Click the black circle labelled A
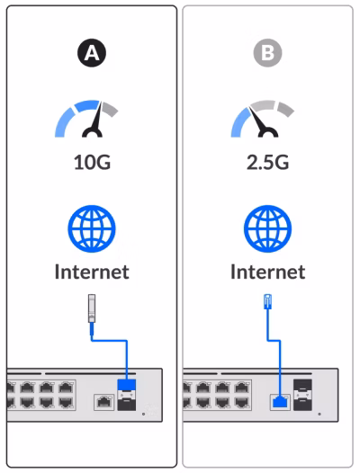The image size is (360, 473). click(92, 53)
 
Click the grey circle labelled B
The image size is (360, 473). click(267, 53)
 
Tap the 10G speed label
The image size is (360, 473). click(92, 162)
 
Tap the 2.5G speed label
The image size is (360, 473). click(267, 162)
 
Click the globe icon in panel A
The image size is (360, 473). click(92, 228)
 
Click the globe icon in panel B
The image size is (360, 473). click(267, 228)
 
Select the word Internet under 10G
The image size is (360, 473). click(92, 272)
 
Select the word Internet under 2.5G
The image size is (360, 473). click(267, 272)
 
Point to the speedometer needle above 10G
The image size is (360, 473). click(95, 120)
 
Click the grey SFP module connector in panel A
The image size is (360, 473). click(92, 308)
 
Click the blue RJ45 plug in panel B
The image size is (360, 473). click(267, 301)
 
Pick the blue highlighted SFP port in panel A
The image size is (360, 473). click(127, 385)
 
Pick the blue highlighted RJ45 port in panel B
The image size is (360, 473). click(280, 403)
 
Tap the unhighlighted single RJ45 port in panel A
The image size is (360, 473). click(104, 403)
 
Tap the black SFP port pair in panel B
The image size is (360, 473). click(302, 395)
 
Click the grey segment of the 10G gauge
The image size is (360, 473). click(109, 109)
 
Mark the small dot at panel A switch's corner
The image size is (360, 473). click(143, 414)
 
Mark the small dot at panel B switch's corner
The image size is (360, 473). click(319, 414)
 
